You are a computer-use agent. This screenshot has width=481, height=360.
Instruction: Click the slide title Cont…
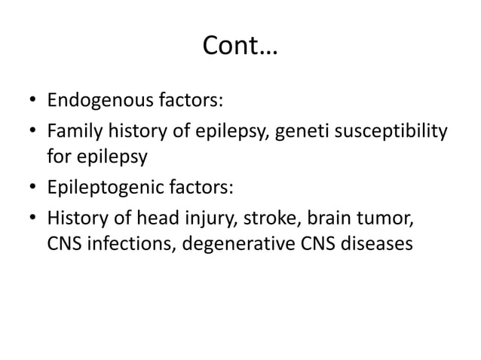(240, 48)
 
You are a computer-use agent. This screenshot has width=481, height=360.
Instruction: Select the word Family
(71, 134)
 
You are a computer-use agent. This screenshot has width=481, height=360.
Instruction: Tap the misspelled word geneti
(299, 134)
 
